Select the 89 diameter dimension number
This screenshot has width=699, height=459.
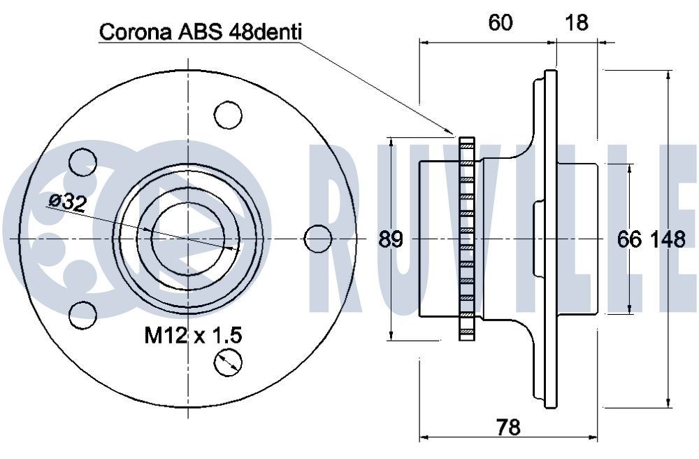391,239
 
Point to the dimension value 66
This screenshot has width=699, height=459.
629,239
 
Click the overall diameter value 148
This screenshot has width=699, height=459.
668,239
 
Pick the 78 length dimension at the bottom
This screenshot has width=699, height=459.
508,425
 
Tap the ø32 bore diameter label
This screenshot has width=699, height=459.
67,202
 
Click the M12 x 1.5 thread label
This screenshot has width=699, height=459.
193,335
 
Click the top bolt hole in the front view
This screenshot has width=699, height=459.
228,114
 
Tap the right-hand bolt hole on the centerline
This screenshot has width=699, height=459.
318,239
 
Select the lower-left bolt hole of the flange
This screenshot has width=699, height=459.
84,314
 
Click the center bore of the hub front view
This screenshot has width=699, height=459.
187,239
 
